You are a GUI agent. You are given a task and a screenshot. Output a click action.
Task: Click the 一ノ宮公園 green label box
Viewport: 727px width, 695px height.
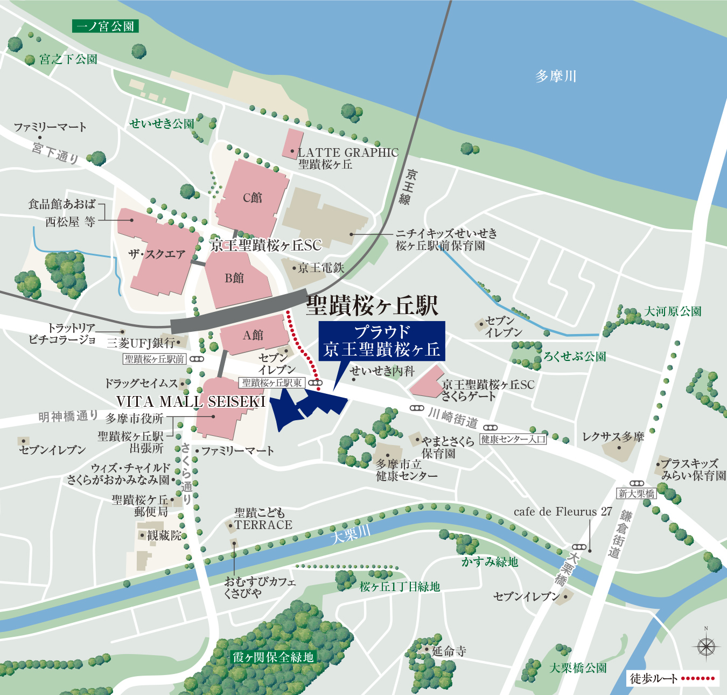(x=105, y=26)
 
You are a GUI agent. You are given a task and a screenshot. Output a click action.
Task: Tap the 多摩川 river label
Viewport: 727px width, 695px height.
(x=556, y=76)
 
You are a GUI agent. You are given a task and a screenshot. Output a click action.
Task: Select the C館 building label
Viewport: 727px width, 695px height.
(x=252, y=198)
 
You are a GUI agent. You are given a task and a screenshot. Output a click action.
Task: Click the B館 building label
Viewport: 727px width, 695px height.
(x=234, y=278)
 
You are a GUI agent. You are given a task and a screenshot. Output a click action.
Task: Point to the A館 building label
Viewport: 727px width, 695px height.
(x=253, y=335)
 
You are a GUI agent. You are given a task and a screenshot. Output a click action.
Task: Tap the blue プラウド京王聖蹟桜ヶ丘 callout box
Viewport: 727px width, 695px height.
(x=381, y=341)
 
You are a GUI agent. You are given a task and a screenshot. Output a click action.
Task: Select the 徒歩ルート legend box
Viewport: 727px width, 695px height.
(x=673, y=678)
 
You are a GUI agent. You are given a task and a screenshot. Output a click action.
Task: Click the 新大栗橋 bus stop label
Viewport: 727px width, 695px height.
(x=637, y=494)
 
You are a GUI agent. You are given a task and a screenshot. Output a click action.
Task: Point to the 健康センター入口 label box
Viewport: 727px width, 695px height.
(x=513, y=439)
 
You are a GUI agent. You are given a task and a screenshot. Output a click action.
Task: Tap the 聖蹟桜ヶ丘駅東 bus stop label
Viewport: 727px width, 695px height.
(x=272, y=383)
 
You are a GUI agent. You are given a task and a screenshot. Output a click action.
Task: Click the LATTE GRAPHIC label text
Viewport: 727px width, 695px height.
(x=348, y=152)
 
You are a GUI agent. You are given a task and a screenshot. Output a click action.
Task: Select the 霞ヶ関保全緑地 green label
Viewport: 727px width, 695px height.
(x=273, y=657)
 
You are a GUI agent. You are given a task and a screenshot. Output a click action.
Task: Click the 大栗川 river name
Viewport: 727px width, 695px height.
(x=350, y=534)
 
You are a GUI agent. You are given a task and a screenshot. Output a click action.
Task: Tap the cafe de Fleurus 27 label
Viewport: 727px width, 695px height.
(x=563, y=512)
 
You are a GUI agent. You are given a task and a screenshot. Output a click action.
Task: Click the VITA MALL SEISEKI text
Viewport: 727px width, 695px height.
(x=191, y=401)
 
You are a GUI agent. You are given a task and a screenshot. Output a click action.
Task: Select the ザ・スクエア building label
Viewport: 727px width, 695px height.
(x=157, y=254)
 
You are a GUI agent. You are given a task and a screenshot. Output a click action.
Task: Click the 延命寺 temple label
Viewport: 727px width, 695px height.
(x=449, y=651)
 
